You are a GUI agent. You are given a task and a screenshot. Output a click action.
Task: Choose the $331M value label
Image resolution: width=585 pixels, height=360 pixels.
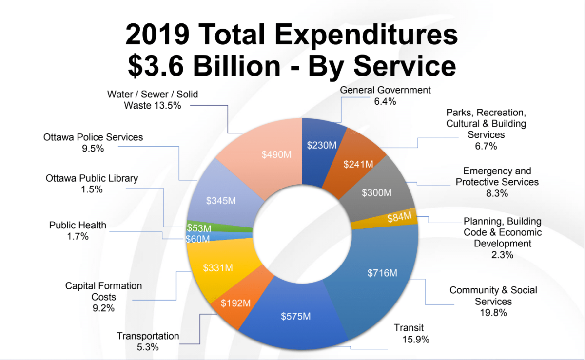[217, 267]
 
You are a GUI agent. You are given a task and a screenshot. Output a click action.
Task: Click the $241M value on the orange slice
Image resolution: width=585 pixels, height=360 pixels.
[358, 164]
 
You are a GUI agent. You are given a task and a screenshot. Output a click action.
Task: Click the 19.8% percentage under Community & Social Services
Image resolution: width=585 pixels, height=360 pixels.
[493, 312]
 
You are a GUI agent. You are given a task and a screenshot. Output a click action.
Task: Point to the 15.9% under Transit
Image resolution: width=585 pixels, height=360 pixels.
[415, 340]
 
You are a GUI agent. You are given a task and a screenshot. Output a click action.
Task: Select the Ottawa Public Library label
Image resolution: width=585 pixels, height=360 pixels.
[92, 178]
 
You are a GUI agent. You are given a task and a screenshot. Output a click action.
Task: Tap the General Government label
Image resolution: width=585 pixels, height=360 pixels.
[385, 90]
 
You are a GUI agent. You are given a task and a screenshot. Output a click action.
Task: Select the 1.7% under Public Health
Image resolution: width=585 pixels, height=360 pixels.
[78, 236]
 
